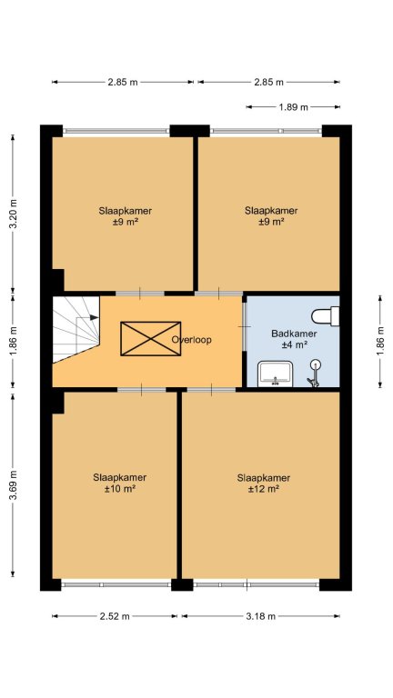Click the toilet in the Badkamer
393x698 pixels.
pos(326,315)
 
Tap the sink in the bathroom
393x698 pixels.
pos(276,374)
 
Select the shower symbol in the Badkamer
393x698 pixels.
pos(315,373)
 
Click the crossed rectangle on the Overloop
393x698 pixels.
pos(151,338)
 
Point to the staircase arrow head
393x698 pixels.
pos(94,317)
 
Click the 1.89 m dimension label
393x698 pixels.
pos(294,107)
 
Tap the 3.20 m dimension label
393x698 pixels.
pos(14,214)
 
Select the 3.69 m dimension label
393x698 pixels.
pos(14,485)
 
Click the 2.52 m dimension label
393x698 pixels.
pos(115,616)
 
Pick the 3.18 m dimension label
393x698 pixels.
pos(261,616)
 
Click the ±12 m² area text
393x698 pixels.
pos(264,489)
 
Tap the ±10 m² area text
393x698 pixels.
pos(120,489)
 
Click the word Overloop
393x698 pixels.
pos(192,340)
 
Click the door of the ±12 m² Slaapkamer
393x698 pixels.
pos(211,390)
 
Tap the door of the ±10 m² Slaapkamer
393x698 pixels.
pos(142,390)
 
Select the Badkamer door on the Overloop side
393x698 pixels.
pos(244,327)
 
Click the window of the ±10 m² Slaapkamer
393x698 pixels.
pos(116,584)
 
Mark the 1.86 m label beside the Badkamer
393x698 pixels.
pos(380,341)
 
